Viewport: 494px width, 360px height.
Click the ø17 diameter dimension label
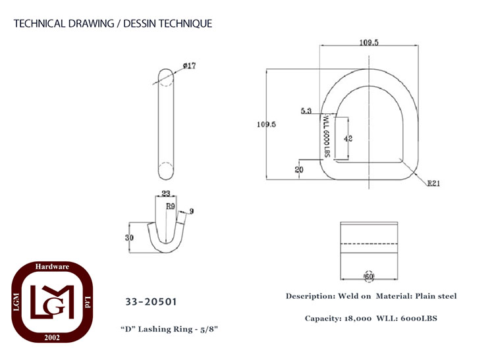pyautogui.click(x=189, y=66)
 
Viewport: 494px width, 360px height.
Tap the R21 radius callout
pyautogui.click(x=433, y=183)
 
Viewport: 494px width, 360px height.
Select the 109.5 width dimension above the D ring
pyautogui.click(x=369, y=42)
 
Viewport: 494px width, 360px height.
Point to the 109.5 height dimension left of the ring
pyautogui.click(x=266, y=124)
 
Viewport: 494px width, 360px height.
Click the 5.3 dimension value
pyautogui.click(x=306, y=111)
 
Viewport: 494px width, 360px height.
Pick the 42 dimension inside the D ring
pyautogui.click(x=348, y=138)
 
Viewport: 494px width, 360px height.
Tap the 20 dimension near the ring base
pyautogui.click(x=299, y=170)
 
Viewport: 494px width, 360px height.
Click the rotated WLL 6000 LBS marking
pyautogui.click(x=327, y=136)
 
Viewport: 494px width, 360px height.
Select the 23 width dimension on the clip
pyautogui.click(x=166, y=193)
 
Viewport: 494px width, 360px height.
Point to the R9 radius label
pyautogui.click(x=171, y=207)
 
